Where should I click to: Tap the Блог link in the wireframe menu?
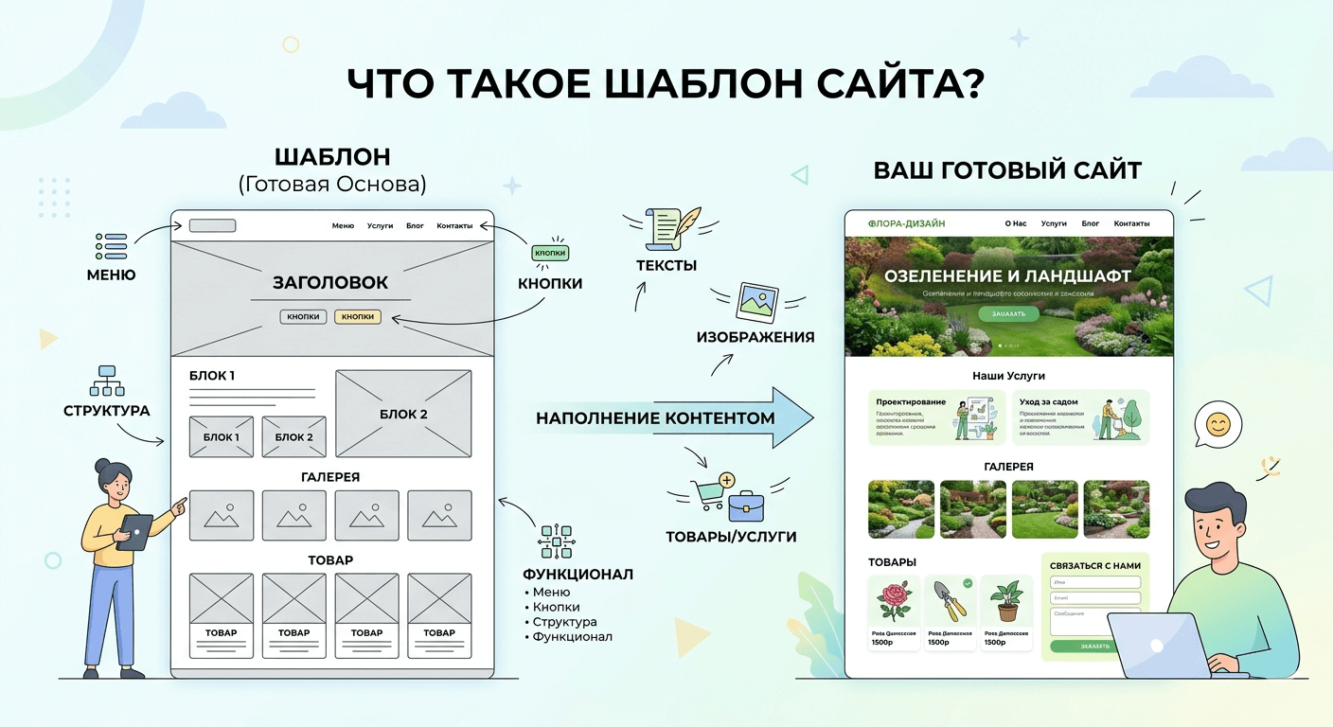(x=415, y=226)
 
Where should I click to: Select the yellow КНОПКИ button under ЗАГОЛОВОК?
(x=358, y=317)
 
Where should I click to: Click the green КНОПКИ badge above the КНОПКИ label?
(x=550, y=254)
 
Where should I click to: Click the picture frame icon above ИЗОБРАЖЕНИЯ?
(x=756, y=302)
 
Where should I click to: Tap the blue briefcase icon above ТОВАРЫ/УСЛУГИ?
(x=746, y=506)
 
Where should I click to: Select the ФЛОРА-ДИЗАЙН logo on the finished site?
(x=906, y=223)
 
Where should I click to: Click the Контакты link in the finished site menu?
(x=1131, y=223)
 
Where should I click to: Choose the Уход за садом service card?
(x=1080, y=417)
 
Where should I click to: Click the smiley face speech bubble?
(x=1217, y=424)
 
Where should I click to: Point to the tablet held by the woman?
(x=134, y=531)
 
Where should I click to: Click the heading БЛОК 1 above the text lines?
(x=212, y=376)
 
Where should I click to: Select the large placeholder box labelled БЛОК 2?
(x=403, y=414)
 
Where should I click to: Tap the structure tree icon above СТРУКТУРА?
(x=106, y=381)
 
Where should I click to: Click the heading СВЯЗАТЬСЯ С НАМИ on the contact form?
(x=1094, y=565)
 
